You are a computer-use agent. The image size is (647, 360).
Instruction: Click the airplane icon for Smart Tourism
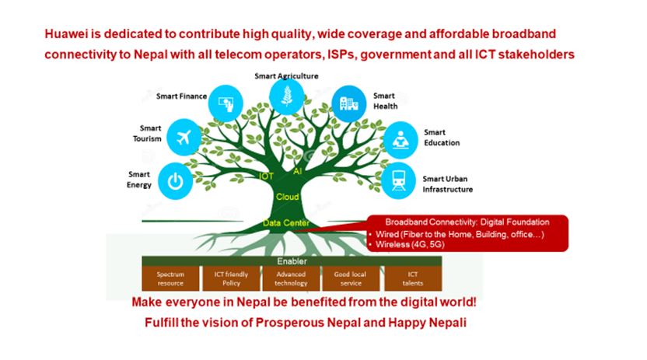click(x=184, y=138)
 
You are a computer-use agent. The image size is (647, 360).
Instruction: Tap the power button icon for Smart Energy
click(x=176, y=181)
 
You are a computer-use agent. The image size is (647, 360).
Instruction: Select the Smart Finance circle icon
click(x=226, y=103)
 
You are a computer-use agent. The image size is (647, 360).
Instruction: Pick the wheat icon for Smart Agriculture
click(x=286, y=97)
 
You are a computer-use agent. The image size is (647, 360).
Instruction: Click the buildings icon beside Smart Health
click(x=349, y=104)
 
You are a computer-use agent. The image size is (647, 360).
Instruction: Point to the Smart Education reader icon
click(x=400, y=140)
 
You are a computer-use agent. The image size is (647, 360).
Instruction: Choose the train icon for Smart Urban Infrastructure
click(x=398, y=180)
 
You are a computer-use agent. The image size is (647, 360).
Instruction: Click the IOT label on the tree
click(x=266, y=177)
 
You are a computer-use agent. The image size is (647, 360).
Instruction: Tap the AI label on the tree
click(x=298, y=171)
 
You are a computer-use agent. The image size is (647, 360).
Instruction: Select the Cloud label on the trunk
click(x=287, y=197)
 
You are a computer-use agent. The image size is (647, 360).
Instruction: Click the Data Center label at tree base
click(x=286, y=223)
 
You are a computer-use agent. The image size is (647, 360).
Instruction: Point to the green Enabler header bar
click(x=292, y=261)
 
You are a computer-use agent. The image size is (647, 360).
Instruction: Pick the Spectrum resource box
click(x=170, y=279)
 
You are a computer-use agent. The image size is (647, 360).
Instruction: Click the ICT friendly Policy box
click(x=231, y=279)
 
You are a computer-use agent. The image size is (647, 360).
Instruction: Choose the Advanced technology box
click(x=291, y=279)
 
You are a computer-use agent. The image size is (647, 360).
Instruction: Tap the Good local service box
click(x=350, y=279)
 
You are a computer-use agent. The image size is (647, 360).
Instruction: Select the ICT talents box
click(x=413, y=279)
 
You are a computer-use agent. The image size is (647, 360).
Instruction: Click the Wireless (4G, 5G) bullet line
click(x=407, y=245)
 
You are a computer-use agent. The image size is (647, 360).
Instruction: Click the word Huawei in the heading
click(x=66, y=33)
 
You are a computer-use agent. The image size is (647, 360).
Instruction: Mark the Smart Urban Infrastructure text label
click(x=448, y=184)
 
